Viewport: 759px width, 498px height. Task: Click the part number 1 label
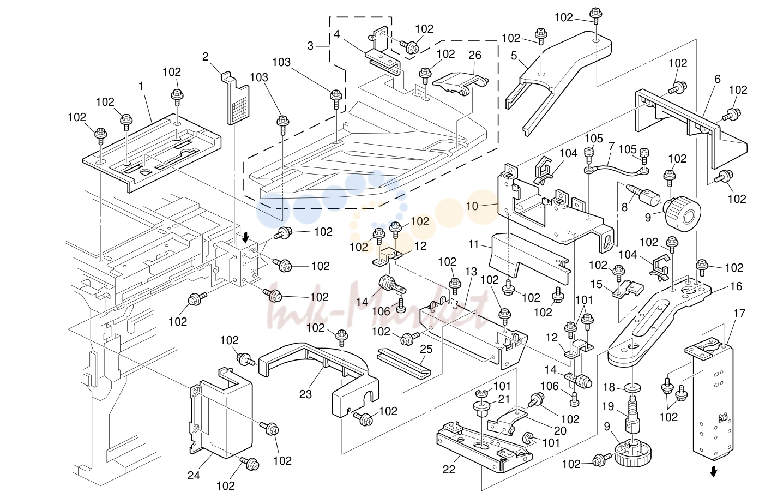(141, 86)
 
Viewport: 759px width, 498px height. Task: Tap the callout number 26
(475, 55)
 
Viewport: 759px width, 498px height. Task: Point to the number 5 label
(514, 56)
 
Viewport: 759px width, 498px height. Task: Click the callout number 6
(718, 79)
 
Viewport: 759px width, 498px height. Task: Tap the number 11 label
(473, 244)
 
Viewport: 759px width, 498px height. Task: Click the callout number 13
(471, 272)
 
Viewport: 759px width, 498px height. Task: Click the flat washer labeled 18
(632, 387)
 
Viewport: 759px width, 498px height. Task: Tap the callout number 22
(449, 470)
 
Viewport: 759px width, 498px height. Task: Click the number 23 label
(305, 394)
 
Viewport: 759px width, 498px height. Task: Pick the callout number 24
(194, 476)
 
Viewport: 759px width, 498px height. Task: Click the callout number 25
(426, 349)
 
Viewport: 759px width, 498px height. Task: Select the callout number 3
(310, 46)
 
